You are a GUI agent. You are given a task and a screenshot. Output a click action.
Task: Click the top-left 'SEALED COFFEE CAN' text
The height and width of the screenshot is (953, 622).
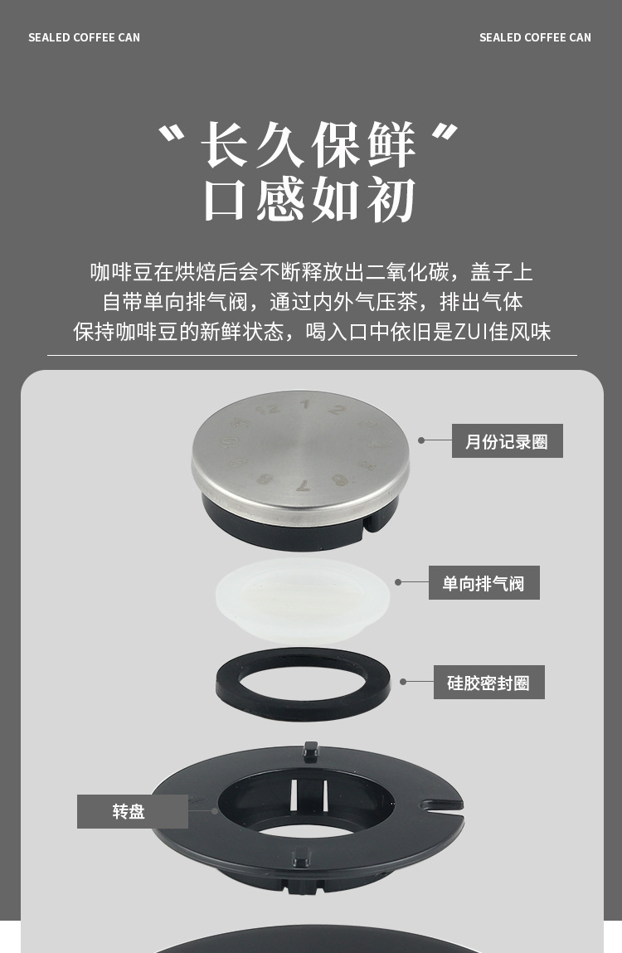pyautogui.click(x=84, y=37)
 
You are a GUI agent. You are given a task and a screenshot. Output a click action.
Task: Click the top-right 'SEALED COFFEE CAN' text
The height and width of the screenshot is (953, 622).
pyautogui.click(x=535, y=37)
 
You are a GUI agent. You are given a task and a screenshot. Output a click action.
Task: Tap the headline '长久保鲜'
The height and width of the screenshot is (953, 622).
pyautogui.click(x=308, y=146)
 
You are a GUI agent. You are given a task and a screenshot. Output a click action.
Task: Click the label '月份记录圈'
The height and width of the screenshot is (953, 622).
pyautogui.click(x=507, y=441)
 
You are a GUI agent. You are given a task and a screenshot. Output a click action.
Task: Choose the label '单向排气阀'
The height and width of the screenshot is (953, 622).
pyautogui.click(x=484, y=583)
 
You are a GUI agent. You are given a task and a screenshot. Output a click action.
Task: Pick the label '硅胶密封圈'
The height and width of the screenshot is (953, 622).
pyautogui.click(x=488, y=683)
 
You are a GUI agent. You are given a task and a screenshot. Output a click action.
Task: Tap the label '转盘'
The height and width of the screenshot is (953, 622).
pyautogui.click(x=131, y=811)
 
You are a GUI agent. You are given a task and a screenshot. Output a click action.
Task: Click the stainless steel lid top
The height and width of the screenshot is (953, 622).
pyautogui.click(x=300, y=444)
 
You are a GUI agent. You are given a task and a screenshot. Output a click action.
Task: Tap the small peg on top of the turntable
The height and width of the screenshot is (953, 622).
pyautogui.click(x=311, y=749)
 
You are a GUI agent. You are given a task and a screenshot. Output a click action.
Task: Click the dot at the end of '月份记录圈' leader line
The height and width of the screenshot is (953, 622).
pyautogui.click(x=421, y=440)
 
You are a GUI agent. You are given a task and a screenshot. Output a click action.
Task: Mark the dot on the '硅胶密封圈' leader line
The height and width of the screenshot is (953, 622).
pyautogui.click(x=403, y=682)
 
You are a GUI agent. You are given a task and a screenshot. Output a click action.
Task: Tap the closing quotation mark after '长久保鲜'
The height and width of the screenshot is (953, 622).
pyautogui.click(x=446, y=133)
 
